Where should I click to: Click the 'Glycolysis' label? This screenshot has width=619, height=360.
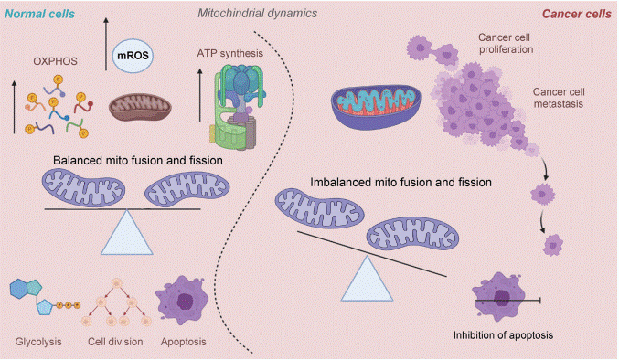(x=39, y=343)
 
